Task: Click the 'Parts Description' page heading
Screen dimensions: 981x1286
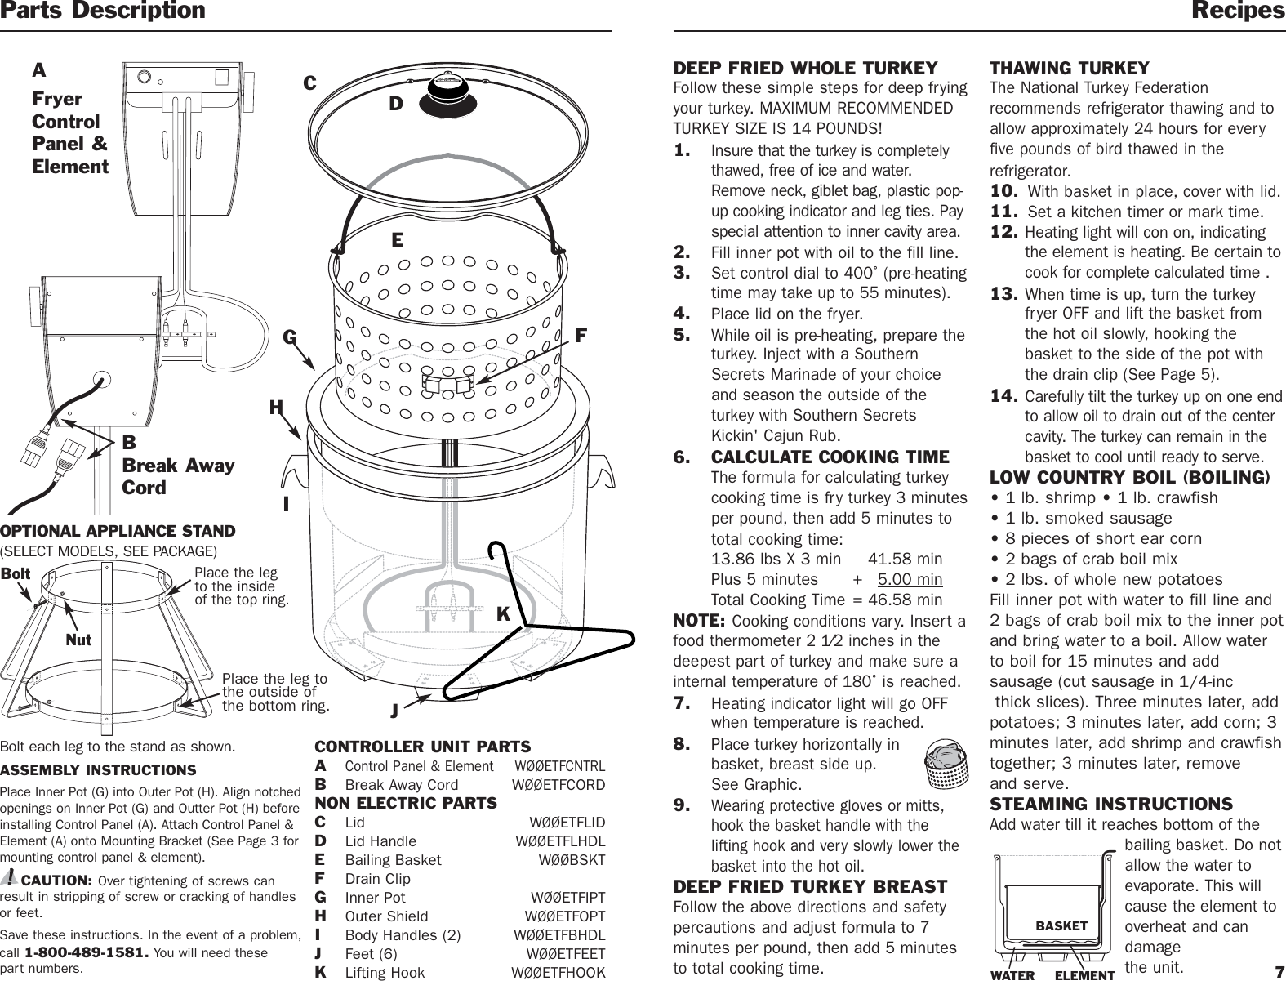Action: click(103, 11)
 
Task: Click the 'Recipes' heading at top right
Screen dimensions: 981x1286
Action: click(1238, 11)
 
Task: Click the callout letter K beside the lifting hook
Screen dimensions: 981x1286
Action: click(503, 613)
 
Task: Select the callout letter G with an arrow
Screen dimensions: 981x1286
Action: click(289, 337)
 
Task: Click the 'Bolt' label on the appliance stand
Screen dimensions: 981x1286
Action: click(16, 573)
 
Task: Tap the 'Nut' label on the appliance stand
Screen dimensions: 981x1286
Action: click(78, 640)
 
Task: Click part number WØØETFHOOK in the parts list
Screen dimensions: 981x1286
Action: click(558, 972)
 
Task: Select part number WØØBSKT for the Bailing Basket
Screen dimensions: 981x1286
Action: click(572, 860)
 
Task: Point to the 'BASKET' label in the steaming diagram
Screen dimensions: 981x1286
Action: click(1061, 925)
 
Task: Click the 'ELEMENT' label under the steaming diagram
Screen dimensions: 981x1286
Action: click(1084, 975)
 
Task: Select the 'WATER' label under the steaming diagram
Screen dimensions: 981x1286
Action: click(1012, 975)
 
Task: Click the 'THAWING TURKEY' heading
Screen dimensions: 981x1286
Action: click(1069, 68)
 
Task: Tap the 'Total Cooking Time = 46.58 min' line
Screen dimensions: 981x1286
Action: click(826, 600)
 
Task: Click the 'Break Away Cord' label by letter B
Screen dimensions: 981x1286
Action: click(178, 476)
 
